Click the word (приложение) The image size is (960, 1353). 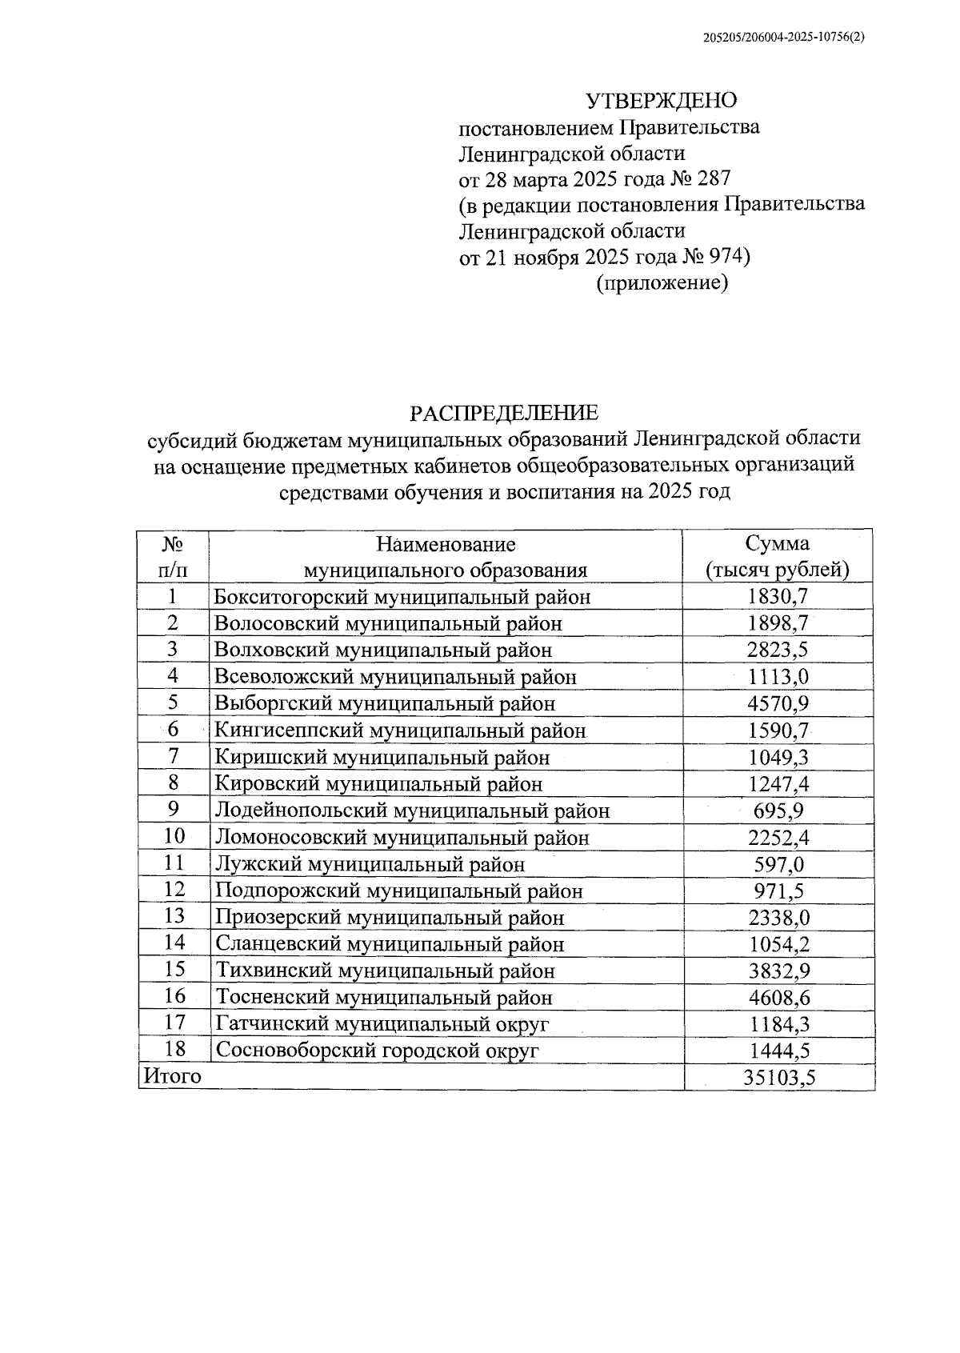tap(662, 283)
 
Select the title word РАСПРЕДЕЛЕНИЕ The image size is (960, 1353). tap(504, 413)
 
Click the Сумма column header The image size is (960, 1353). tap(777, 544)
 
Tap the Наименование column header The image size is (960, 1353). tap(446, 545)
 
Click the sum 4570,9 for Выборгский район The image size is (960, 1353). tap(778, 703)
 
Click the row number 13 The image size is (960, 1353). tap(174, 916)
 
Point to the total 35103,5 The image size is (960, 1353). tap(779, 1078)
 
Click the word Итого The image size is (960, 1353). tap(171, 1076)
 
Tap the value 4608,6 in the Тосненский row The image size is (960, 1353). tap(778, 998)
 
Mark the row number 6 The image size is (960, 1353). tap(173, 729)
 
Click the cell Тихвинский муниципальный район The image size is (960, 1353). tap(385, 971)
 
